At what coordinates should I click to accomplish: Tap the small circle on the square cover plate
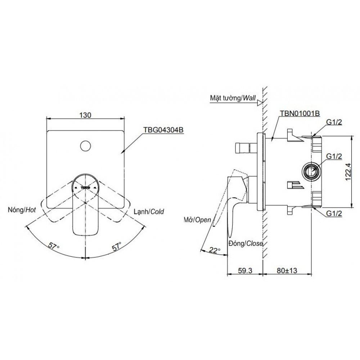pos(86,146)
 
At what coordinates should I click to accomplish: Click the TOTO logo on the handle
pos(86,187)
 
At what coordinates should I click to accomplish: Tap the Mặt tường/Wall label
pos(233,97)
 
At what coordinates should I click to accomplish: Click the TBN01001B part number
pos(300,113)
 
